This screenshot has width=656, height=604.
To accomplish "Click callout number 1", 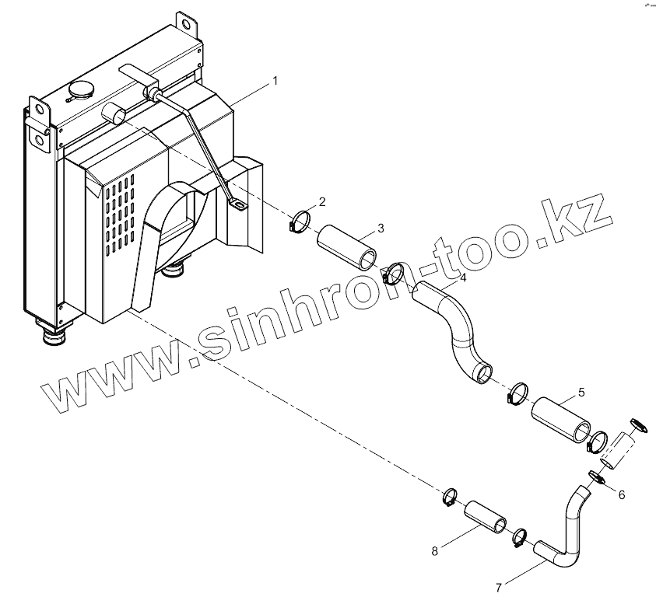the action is pyautogui.click(x=275, y=81).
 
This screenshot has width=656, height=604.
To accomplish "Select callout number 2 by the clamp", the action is pyautogui.click(x=322, y=202).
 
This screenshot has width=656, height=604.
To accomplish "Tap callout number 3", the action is pyautogui.click(x=380, y=228).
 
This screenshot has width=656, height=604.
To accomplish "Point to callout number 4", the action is pyautogui.click(x=462, y=278).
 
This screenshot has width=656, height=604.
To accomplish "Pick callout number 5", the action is pyautogui.click(x=581, y=393).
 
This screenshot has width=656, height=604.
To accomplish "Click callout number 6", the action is pyautogui.click(x=621, y=495).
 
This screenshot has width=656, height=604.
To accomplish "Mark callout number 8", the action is pyautogui.click(x=434, y=551).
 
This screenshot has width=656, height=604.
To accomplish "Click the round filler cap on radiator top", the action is pyautogui.click(x=80, y=89).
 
